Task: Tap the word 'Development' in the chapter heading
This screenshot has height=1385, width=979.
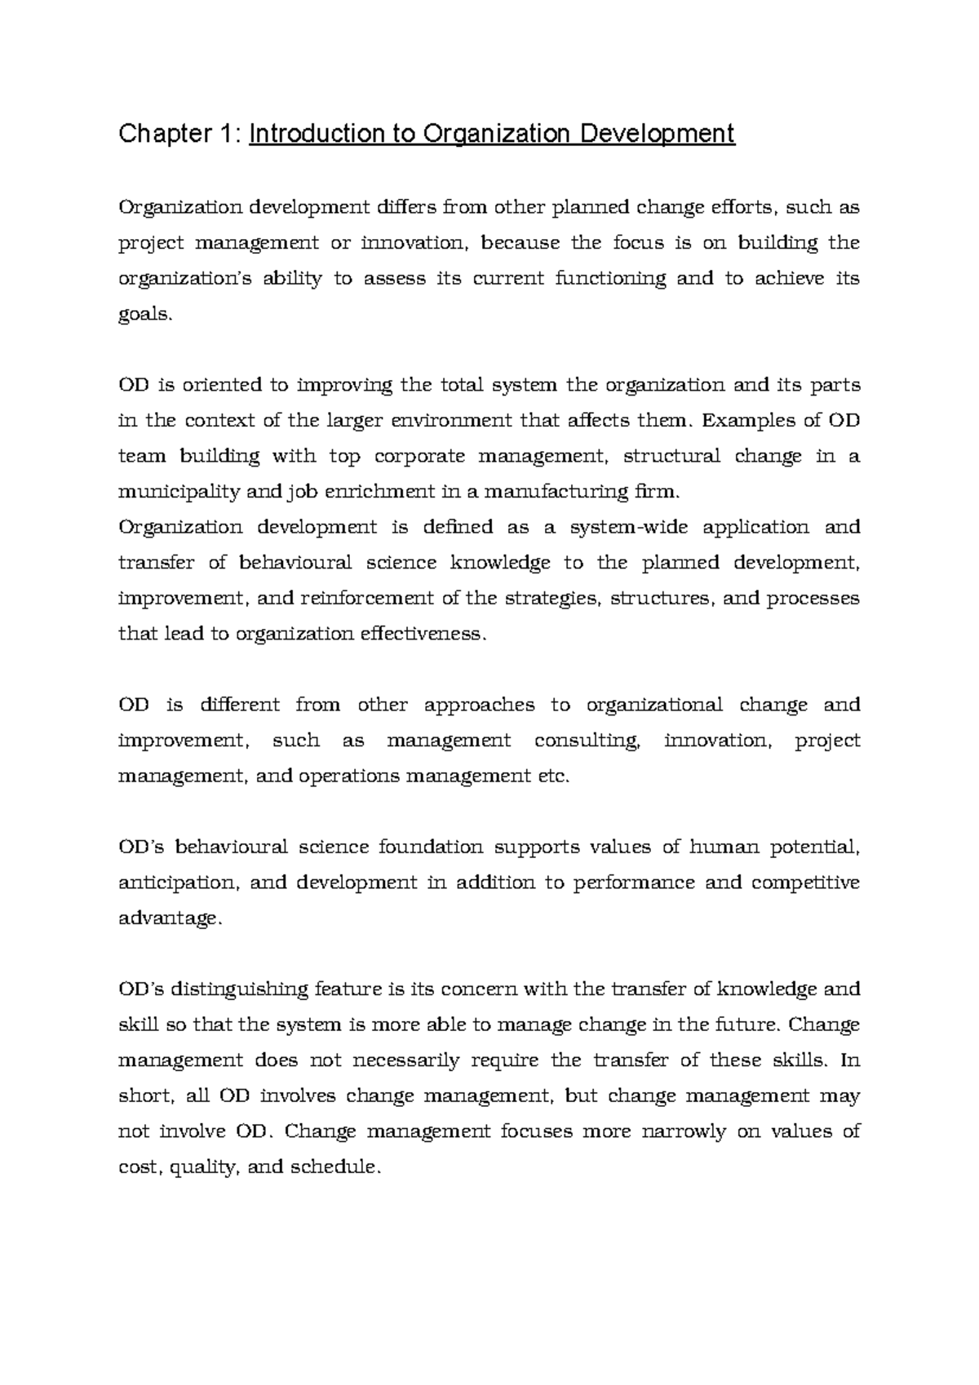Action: (657, 133)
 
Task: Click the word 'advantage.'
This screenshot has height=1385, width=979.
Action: (170, 919)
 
